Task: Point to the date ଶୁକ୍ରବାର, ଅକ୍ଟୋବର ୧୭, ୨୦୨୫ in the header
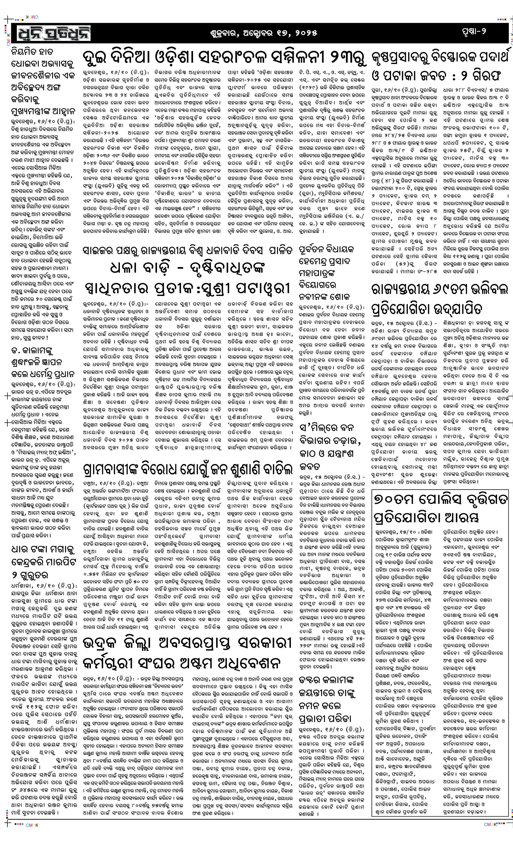(x=263, y=33)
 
